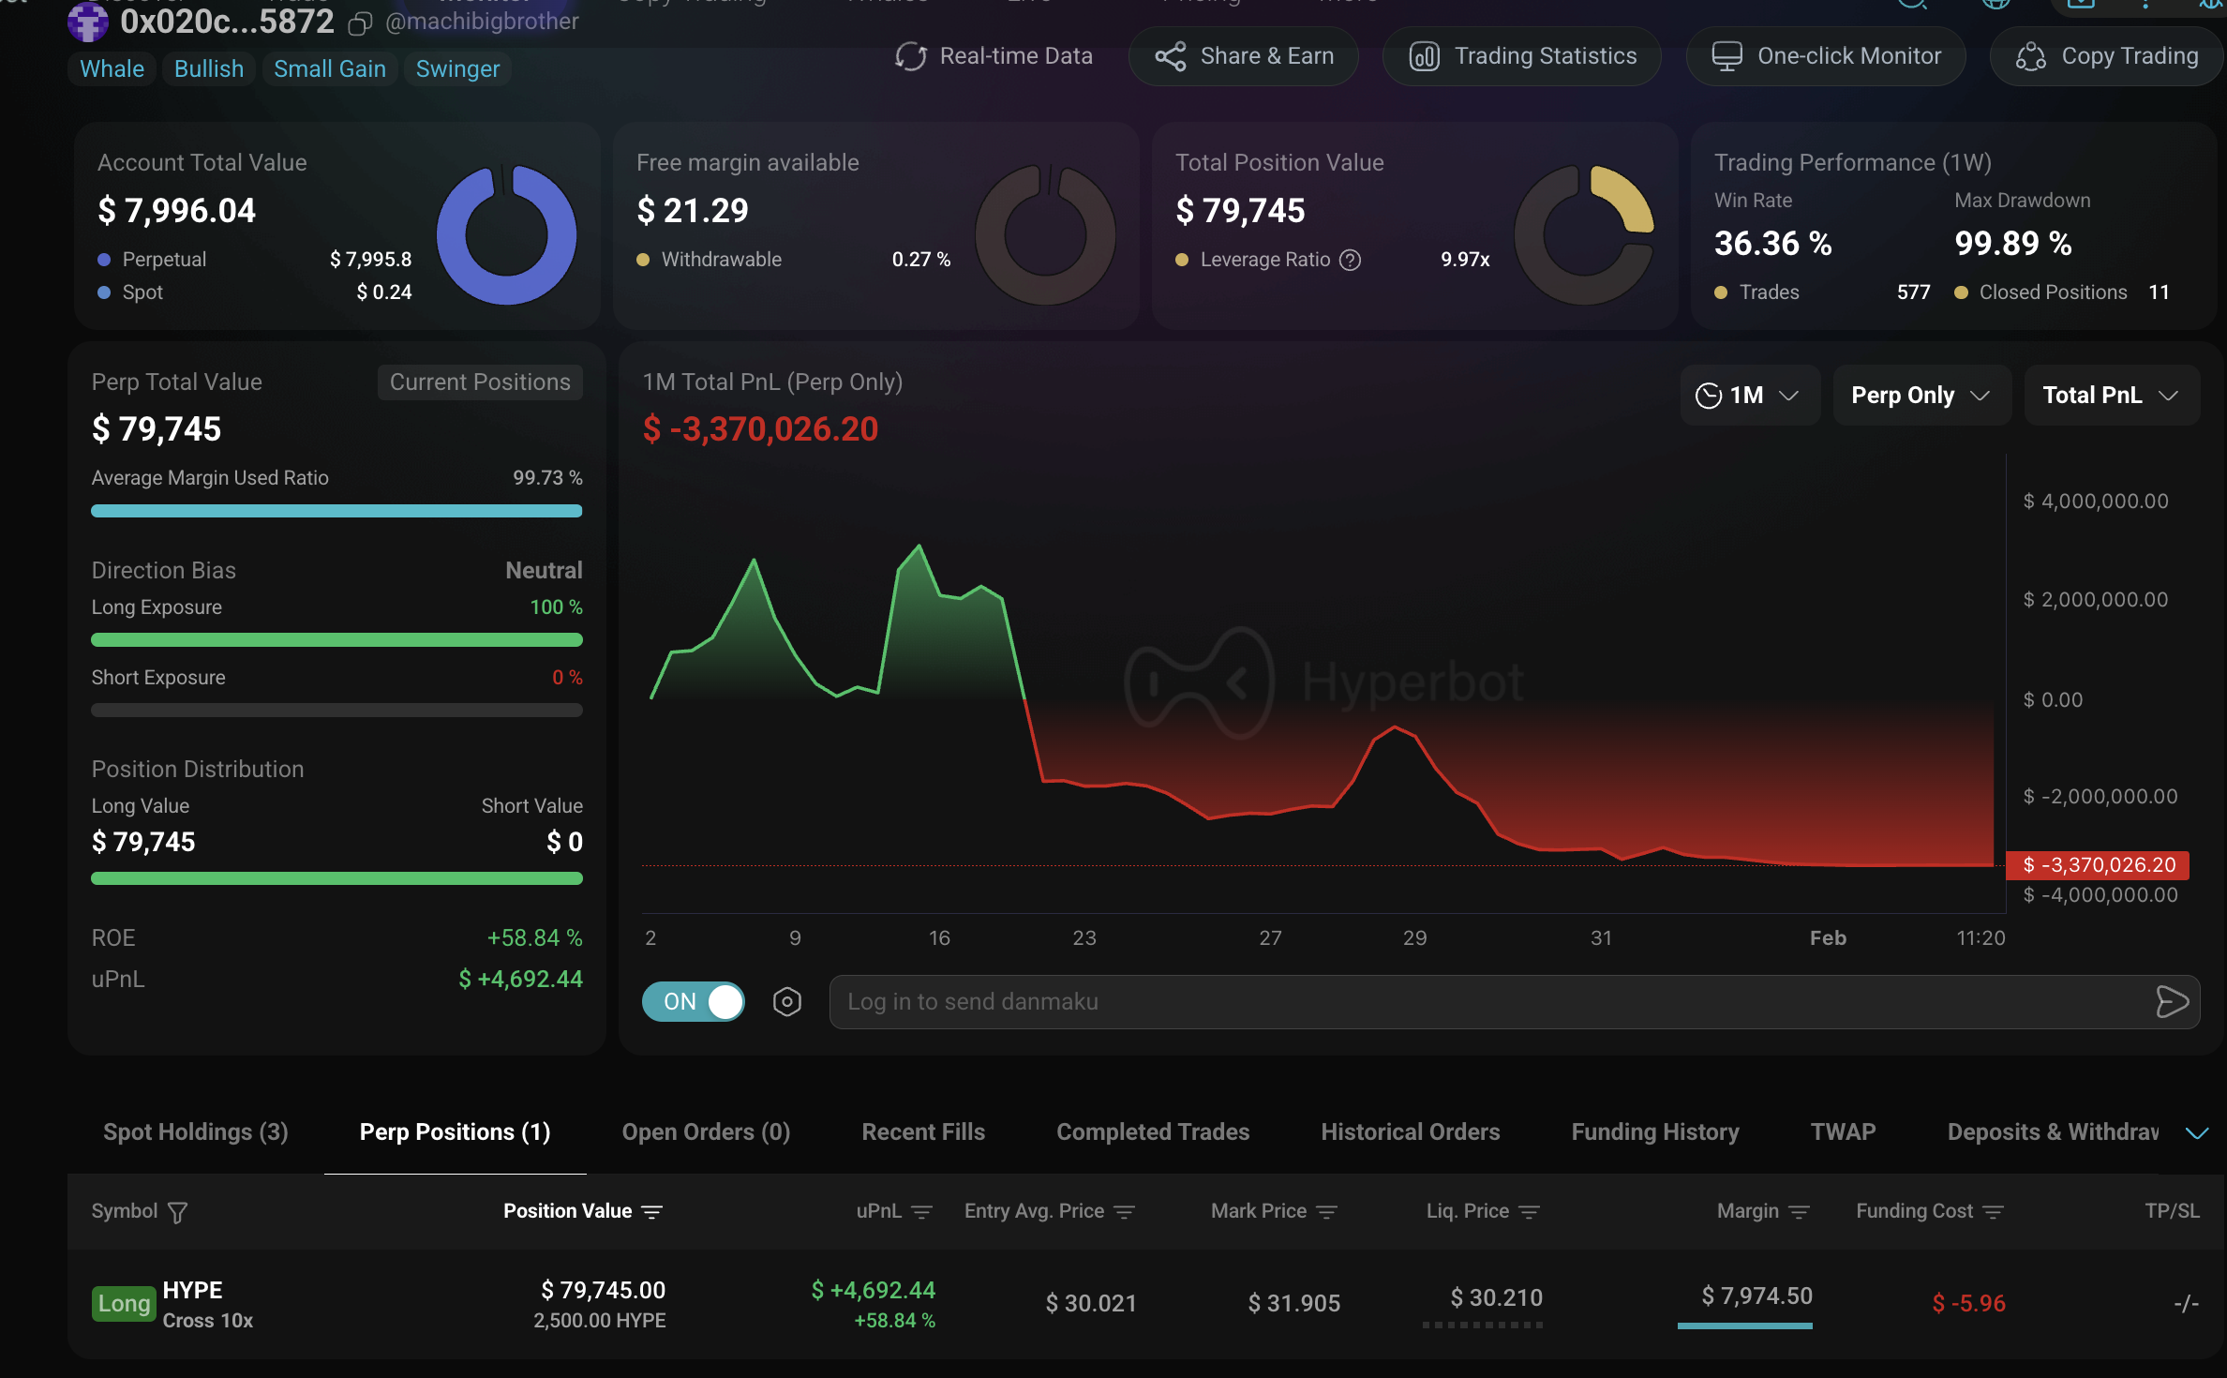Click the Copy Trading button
point(2106,56)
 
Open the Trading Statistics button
point(1522,56)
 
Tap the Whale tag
point(112,69)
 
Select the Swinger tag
point(457,69)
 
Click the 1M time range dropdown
point(1748,396)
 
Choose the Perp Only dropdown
point(1921,396)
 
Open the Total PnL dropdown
point(2111,396)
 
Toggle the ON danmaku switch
point(694,1001)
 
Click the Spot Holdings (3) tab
point(196,1132)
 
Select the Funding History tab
point(1655,1132)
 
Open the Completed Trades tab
point(1153,1132)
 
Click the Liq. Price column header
point(1468,1211)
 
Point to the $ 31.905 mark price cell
point(1293,1303)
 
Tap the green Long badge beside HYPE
point(124,1303)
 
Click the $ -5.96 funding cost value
point(1968,1303)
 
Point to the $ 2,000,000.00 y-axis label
point(2096,600)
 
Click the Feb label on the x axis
point(1828,938)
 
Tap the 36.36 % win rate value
point(1772,244)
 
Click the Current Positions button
point(480,382)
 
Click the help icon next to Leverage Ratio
point(1350,260)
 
